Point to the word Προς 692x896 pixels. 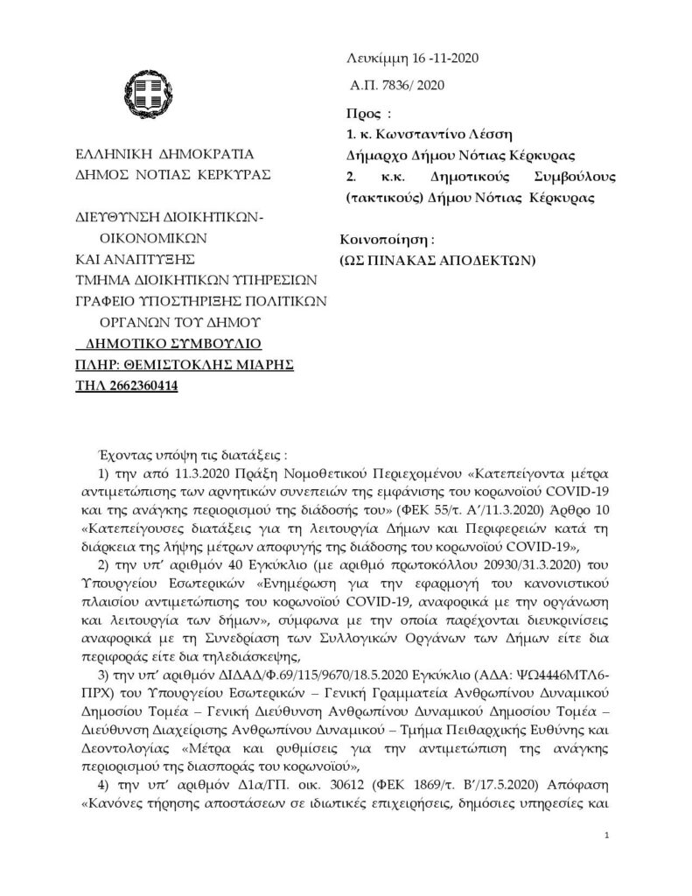pos(361,113)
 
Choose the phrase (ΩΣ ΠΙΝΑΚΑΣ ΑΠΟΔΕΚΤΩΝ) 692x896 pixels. pos(437,260)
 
